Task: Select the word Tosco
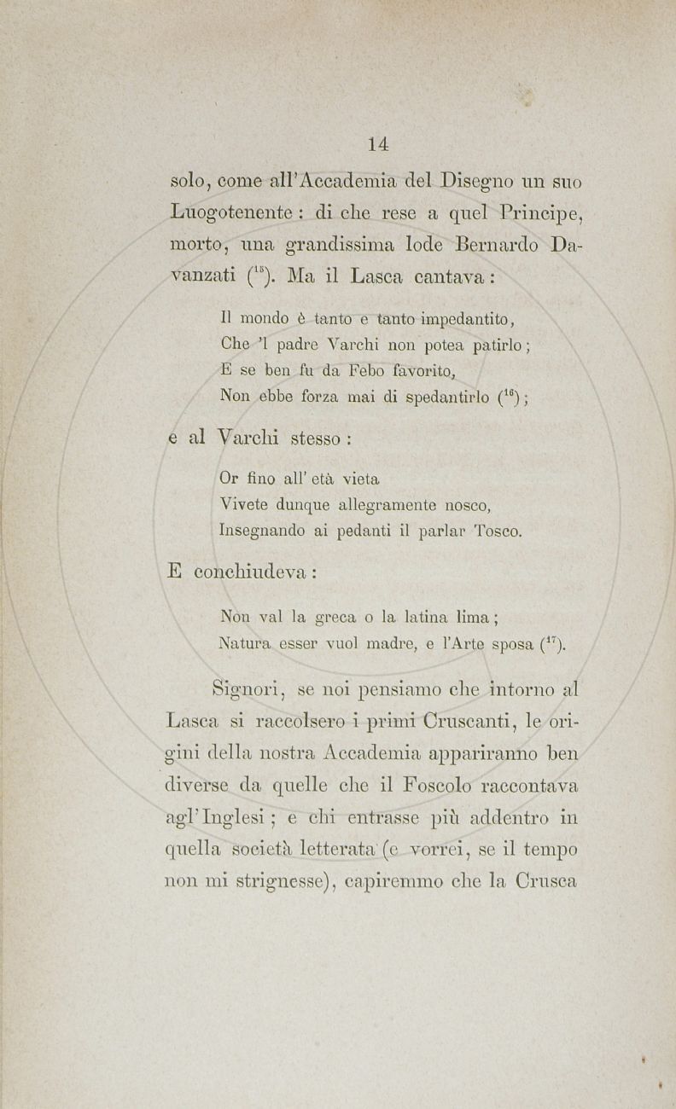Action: pos(496,531)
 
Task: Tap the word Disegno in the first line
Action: pos(484,181)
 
